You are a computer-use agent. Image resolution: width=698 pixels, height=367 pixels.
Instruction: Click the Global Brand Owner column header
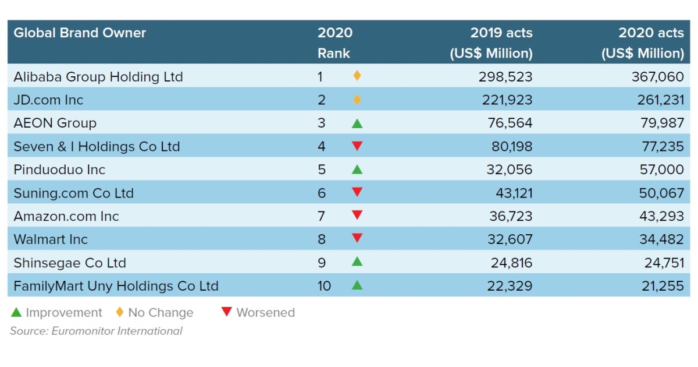tap(80, 33)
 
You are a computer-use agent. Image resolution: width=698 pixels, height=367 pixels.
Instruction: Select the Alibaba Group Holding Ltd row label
tap(98, 76)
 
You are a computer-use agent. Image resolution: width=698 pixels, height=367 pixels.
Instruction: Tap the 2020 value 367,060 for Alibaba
tap(658, 76)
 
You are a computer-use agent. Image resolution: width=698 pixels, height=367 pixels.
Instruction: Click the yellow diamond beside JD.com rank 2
tap(357, 100)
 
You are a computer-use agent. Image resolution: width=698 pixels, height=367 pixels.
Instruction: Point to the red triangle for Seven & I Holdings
tap(357, 146)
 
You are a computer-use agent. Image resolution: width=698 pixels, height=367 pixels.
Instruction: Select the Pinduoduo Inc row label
tap(59, 170)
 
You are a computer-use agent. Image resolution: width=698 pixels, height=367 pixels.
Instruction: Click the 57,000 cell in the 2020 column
tap(661, 170)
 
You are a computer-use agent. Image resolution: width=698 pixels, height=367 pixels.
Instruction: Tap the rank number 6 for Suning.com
tap(322, 193)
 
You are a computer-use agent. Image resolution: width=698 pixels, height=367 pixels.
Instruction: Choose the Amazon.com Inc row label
tap(66, 216)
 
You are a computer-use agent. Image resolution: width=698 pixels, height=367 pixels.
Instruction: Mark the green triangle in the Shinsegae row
tap(357, 262)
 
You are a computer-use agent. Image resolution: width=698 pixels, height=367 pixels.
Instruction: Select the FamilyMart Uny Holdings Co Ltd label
tap(116, 286)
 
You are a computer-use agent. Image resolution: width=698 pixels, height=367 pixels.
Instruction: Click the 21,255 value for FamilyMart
tap(661, 286)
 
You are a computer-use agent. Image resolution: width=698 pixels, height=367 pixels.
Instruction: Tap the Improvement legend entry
tap(57, 313)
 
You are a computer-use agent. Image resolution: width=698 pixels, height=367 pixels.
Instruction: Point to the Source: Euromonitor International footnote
tap(96, 331)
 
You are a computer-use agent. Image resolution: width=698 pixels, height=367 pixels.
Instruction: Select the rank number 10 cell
tap(324, 286)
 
